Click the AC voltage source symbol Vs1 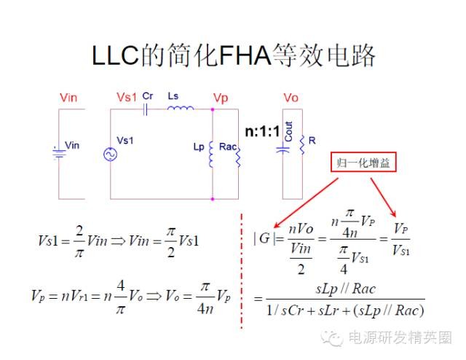(110, 154)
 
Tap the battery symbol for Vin (59, 153)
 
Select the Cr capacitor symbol (145, 109)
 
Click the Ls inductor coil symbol (181, 108)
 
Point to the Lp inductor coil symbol (211, 154)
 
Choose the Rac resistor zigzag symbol (238, 156)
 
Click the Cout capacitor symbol (283, 149)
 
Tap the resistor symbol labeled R (302, 145)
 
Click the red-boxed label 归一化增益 (363, 163)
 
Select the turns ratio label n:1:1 (262, 131)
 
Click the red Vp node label (221, 98)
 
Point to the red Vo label (291, 98)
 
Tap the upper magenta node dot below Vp (213, 109)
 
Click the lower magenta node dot (213, 199)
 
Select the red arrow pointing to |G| (306, 203)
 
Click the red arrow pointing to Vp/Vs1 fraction (383, 197)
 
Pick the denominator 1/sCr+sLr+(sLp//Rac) (345, 310)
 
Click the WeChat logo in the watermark (331, 337)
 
